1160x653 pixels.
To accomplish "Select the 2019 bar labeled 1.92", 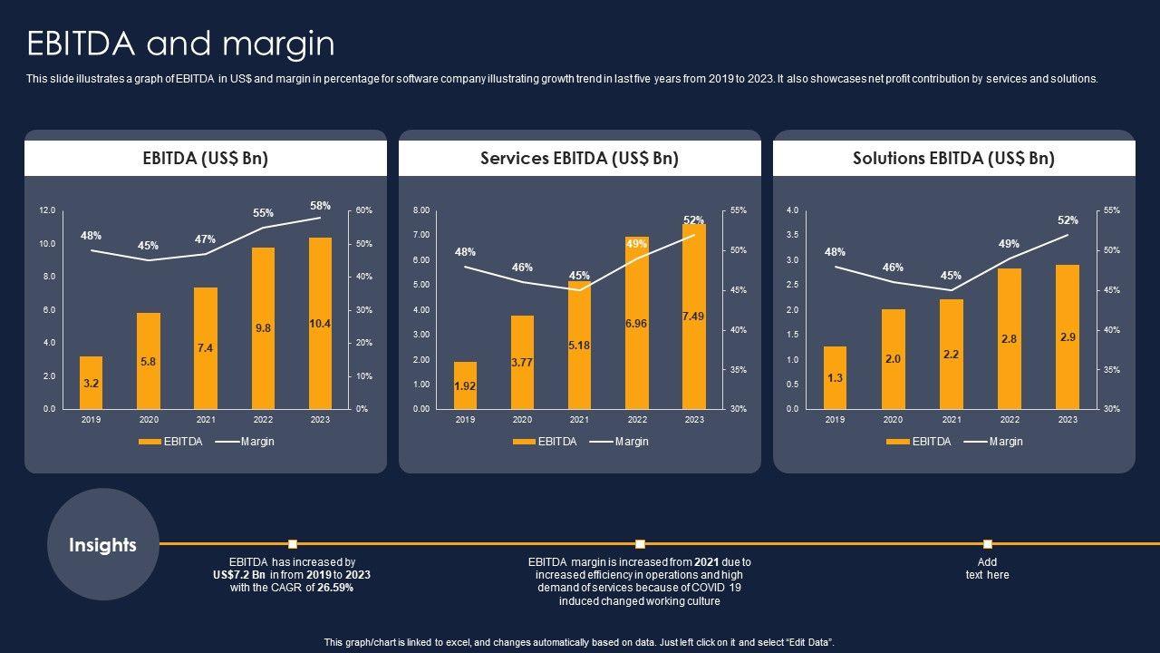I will tap(465, 385).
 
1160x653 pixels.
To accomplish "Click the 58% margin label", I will tap(320, 206).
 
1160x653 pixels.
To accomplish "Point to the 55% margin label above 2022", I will tap(263, 213).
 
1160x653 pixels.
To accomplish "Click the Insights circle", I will tap(102, 544).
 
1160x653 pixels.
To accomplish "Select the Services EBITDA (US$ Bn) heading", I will tap(579, 158).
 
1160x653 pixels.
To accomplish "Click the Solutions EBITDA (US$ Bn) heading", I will tap(953, 158).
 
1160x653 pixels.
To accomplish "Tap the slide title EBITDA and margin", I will tap(180, 44).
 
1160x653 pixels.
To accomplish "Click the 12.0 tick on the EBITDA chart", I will tap(47, 210).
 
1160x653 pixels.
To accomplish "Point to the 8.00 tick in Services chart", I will tap(420, 210).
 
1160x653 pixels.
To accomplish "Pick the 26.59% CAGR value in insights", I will tap(330, 588).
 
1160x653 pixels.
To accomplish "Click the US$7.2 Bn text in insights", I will tap(239, 575).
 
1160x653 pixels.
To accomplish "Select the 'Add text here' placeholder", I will tap(987, 569).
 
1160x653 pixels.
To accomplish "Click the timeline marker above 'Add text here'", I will tap(987, 544).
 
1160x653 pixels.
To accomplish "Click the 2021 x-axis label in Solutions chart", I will tap(951, 420).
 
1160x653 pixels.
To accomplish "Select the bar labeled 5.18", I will tap(579, 346).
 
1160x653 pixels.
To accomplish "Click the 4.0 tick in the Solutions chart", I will tap(792, 210).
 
